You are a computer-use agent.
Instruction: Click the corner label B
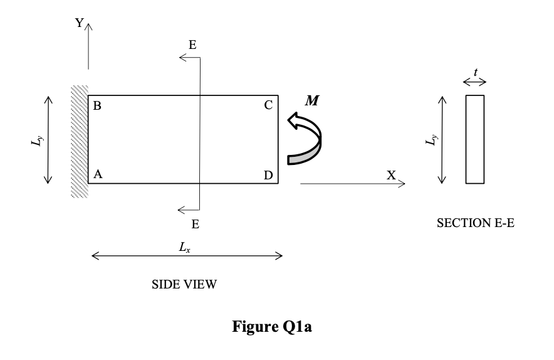[x=97, y=105]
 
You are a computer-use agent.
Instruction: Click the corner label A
[x=97, y=175]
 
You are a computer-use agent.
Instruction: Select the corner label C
[x=268, y=105]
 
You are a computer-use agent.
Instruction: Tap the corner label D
[x=268, y=176]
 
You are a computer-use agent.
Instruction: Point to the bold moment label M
[x=311, y=101]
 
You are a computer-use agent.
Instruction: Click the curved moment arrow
[x=305, y=139]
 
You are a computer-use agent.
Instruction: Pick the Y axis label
[x=80, y=23]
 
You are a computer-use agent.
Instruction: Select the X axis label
[x=391, y=176]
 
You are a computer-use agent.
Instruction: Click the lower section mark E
[x=195, y=223]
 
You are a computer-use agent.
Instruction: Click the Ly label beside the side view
[x=36, y=139]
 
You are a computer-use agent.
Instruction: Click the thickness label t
[x=476, y=73]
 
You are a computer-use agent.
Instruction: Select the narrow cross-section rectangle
[x=475, y=139]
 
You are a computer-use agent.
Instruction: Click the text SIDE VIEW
[x=185, y=284]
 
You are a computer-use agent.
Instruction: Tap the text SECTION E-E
[x=476, y=223]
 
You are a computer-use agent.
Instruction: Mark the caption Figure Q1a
[x=272, y=327]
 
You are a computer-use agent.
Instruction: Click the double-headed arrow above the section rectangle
[x=474, y=82]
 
